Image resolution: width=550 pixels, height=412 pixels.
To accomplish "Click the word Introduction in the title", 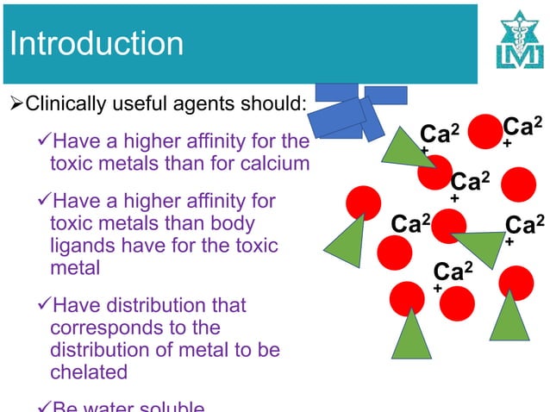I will (x=97, y=43).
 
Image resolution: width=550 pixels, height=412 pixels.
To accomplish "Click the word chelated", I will (x=89, y=372).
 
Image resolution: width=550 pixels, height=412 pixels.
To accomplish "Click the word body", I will (x=234, y=223).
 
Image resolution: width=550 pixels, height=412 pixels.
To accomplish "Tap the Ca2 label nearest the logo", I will (x=522, y=128).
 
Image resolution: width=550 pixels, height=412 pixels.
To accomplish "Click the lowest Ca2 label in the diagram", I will (x=453, y=272).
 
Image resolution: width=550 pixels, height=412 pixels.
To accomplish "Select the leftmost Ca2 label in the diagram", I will (x=410, y=223).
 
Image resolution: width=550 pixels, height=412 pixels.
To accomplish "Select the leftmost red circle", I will (x=363, y=203).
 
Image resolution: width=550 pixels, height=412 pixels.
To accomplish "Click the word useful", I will (x=138, y=105).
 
